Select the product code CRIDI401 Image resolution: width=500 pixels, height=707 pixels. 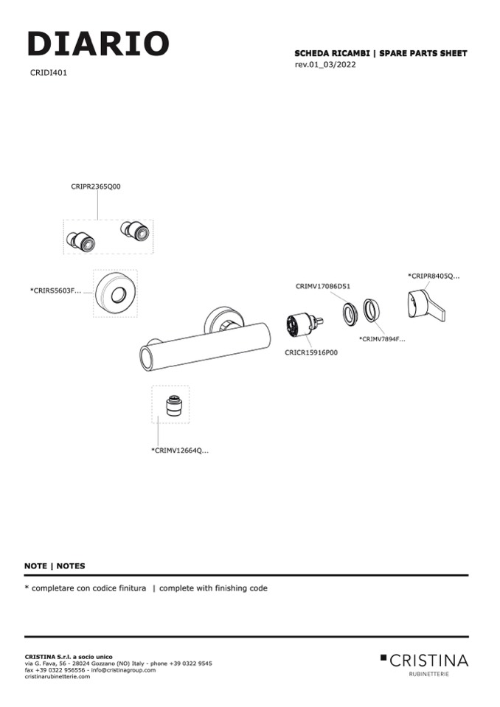pyautogui.click(x=49, y=73)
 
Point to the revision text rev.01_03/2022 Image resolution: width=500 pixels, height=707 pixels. pyautogui.click(x=324, y=65)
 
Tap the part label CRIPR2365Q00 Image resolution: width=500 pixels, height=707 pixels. pyautogui.click(x=96, y=187)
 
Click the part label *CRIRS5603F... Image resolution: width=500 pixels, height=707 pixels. pyautogui.click(x=55, y=291)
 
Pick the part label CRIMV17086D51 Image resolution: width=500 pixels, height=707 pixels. pyautogui.click(x=323, y=286)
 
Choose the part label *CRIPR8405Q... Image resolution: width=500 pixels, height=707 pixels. pyautogui.click(x=434, y=276)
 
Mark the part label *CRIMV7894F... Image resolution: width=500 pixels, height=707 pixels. pyautogui.click(x=382, y=339)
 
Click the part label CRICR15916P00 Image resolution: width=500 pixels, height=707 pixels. pyautogui.click(x=311, y=353)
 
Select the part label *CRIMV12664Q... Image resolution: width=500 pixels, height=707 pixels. pyautogui.click(x=180, y=450)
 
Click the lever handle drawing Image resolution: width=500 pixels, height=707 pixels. pyautogui.click(x=426, y=304)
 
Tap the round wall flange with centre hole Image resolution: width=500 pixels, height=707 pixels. pyautogui.click(x=116, y=293)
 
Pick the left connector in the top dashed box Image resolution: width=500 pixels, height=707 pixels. pyautogui.click(x=80, y=240)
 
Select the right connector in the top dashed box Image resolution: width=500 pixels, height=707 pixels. pyautogui.click(x=135, y=231)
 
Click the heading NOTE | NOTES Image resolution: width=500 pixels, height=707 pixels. pyautogui.click(x=55, y=566)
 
